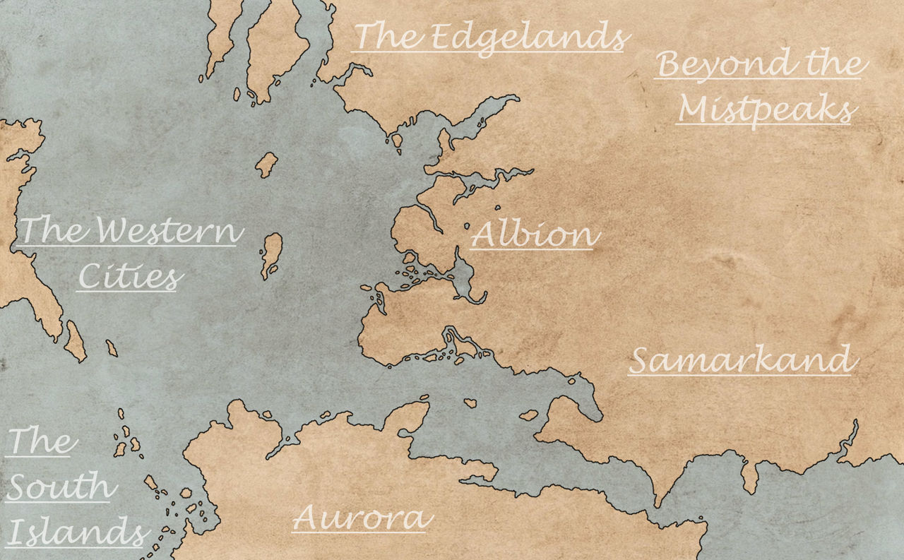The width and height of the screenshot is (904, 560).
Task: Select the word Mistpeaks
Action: pos(767,110)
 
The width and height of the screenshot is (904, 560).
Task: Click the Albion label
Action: pos(535,234)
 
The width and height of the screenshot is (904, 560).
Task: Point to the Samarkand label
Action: pos(742,360)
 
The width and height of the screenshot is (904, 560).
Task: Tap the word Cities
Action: pos(128,277)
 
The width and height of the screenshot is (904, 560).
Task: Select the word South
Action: pos(60,487)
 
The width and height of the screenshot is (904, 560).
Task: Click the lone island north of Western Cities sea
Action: pos(266,165)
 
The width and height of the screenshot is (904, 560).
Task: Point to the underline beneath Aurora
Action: pos(362,531)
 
